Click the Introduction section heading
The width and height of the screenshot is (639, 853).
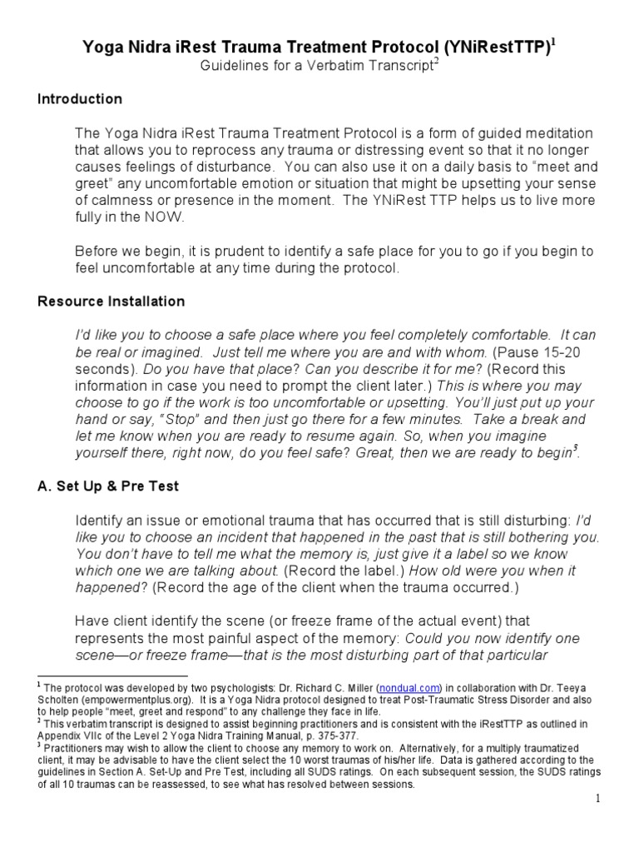click(x=80, y=99)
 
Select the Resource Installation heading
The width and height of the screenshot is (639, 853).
click(x=111, y=301)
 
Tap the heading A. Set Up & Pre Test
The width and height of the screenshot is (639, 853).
click(x=108, y=486)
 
